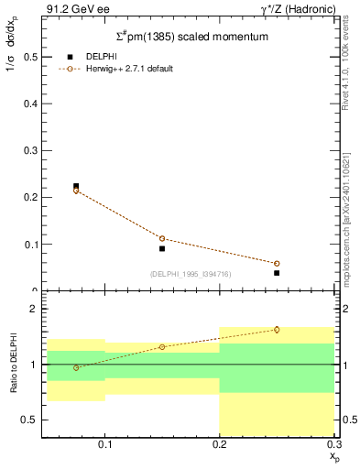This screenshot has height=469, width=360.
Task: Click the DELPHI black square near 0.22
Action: point(76,186)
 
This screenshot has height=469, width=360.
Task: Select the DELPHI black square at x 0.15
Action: point(162,248)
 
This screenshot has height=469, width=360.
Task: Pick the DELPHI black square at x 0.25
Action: point(277,273)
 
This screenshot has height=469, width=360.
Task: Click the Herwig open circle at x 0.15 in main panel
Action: point(162,238)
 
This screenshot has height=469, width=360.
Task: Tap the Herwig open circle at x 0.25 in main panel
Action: point(277,264)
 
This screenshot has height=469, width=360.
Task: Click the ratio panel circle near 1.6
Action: point(277,330)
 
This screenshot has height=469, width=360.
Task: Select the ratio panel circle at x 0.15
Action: point(162,347)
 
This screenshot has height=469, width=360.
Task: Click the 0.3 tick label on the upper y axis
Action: point(29,150)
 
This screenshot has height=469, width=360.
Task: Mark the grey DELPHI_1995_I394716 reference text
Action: point(189,273)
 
